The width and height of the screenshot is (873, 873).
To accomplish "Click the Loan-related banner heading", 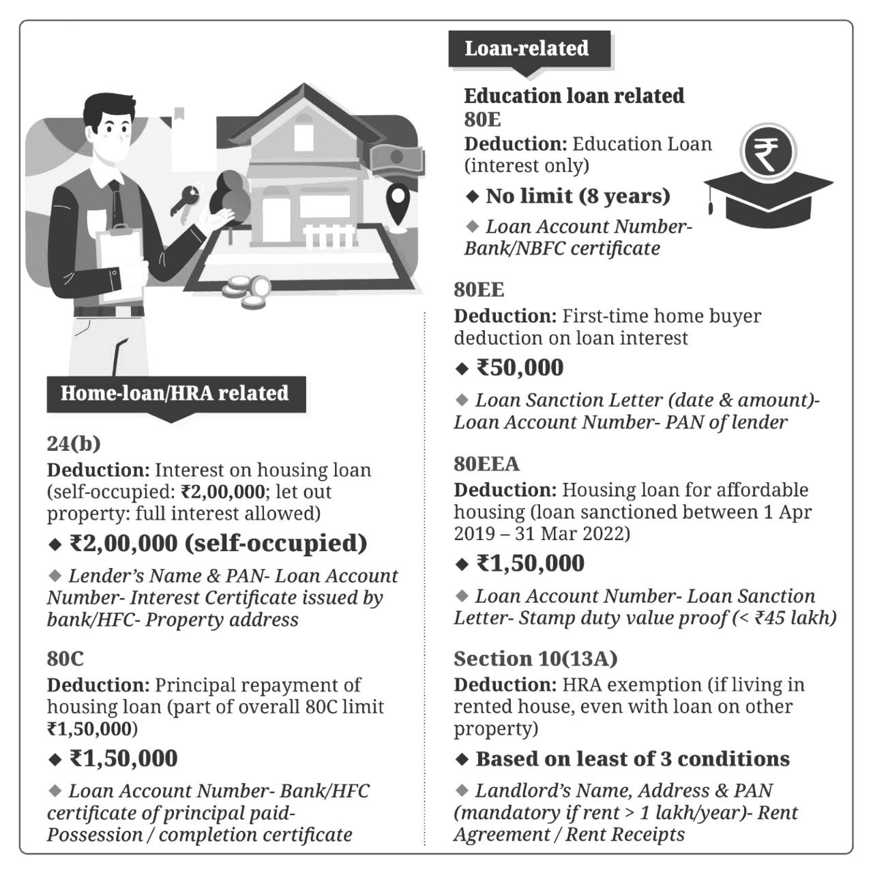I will click(x=527, y=48).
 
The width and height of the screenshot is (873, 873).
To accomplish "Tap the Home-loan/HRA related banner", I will click(x=175, y=394).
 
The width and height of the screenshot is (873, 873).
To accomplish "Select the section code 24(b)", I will click(x=74, y=443).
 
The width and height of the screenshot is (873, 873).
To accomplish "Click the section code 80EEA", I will click(x=487, y=464).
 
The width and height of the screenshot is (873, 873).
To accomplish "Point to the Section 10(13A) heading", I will click(x=535, y=658).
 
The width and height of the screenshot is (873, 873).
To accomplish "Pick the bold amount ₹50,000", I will click(x=520, y=368).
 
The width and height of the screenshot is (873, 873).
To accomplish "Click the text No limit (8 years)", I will click(x=578, y=196).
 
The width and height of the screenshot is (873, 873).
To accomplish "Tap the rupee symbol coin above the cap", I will click(x=769, y=151).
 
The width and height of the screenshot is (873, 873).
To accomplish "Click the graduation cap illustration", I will click(x=767, y=198).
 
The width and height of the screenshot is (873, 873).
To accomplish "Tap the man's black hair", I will click(x=109, y=108).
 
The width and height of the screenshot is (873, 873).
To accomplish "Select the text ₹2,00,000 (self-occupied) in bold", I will click(x=218, y=544).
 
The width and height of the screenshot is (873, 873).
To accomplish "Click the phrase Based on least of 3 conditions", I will click(x=632, y=758).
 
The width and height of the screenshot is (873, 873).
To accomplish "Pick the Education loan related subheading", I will click(x=574, y=95).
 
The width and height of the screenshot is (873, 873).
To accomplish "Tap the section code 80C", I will click(x=65, y=658).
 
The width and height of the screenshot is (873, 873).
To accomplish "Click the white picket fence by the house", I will click(x=330, y=236).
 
